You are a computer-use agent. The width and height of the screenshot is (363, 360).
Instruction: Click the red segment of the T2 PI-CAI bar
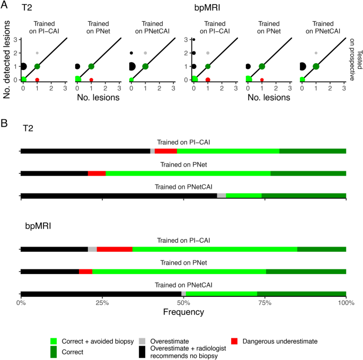tap(165, 151)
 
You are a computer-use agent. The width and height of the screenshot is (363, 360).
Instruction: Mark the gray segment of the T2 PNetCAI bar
tap(222, 196)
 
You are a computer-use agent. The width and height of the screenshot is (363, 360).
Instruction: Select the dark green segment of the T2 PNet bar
tap(308, 173)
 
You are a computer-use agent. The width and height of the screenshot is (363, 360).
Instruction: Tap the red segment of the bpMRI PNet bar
tap(85, 272)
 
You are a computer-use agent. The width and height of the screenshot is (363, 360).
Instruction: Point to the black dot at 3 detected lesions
tap(194, 40)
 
